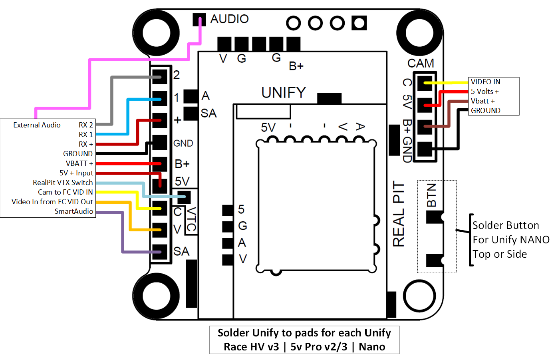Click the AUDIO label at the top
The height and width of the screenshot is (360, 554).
[229, 19]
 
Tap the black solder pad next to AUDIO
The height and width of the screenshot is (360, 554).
[199, 20]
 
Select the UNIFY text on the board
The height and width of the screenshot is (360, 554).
[284, 93]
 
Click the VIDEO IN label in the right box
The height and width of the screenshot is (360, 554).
[485, 82]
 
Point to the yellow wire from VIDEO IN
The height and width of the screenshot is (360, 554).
[447, 83]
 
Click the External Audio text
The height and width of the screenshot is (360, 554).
[37, 125]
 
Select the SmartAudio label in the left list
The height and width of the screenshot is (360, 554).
[74, 211]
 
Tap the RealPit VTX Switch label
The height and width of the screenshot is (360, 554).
[63, 183]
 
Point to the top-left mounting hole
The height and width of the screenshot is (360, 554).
[156, 32]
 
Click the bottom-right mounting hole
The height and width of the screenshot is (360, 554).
[419, 296]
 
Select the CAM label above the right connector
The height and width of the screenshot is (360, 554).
[421, 64]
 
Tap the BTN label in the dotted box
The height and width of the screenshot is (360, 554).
[431, 195]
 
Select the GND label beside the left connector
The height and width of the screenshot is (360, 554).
[183, 143]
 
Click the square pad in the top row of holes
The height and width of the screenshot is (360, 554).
[359, 23]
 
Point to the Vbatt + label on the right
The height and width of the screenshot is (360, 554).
[483, 101]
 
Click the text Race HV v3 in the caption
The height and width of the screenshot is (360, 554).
[251, 347]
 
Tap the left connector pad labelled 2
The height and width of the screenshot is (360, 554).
[160, 76]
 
